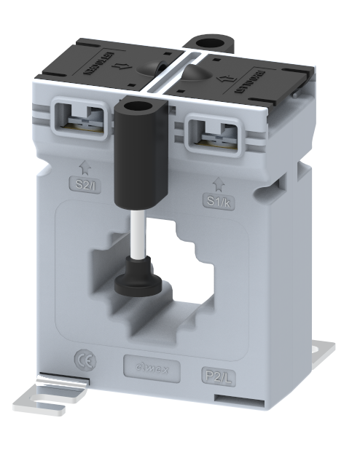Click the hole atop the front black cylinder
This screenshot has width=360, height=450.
[133, 109]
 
